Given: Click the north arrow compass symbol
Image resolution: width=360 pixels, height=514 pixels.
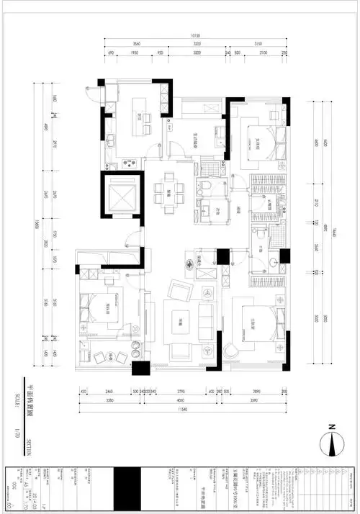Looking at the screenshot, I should pyautogui.click(x=333, y=440).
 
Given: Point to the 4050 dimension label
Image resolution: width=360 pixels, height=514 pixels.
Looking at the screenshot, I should pyautogui.click(x=189, y=402).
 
